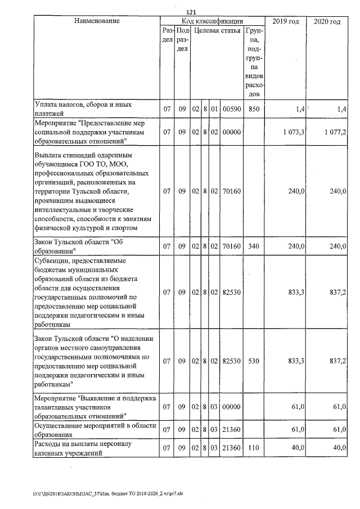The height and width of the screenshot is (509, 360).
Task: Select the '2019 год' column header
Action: [285, 21]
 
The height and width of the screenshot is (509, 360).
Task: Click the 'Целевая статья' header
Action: [217, 30]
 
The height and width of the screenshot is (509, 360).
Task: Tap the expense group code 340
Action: [253, 246]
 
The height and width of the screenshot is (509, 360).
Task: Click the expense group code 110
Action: [253, 448]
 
